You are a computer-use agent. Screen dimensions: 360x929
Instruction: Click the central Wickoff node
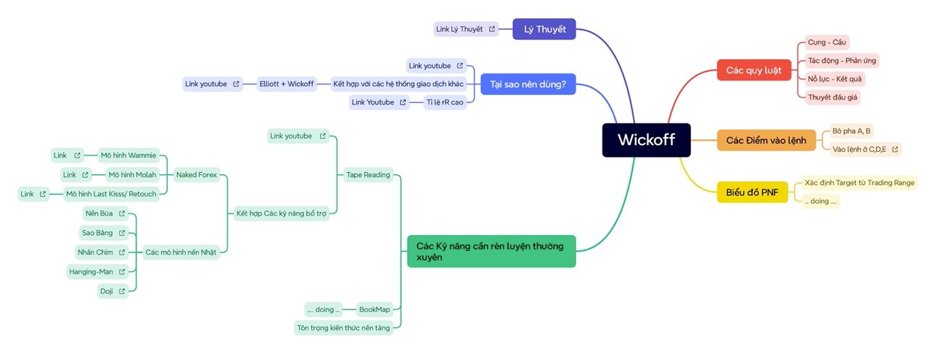[x=646, y=139]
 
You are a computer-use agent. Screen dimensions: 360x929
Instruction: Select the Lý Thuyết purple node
[x=544, y=29]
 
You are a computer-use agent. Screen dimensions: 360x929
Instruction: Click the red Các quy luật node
[x=753, y=70]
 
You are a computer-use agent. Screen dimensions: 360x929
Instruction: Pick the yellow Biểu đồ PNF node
[x=752, y=192]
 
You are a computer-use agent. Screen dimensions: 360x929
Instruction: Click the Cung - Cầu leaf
[x=827, y=42]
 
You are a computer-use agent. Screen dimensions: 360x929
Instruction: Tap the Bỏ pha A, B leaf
[x=851, y=131]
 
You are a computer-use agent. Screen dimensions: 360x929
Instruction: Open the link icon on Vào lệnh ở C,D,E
[x=895, y=150]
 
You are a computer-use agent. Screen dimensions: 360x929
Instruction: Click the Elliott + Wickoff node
[x=287, y=83]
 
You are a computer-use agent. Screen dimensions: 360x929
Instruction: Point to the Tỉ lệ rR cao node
[x=443, y=102]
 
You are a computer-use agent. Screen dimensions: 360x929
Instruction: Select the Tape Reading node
[x=368, y=174]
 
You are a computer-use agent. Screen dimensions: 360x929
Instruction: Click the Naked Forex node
[x=197, y=175]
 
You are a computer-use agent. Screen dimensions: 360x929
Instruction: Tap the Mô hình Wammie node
[x=128, y=155]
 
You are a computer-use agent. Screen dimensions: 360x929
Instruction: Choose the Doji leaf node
[x=106, y=291]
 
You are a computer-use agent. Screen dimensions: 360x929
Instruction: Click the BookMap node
[x=375, y=309]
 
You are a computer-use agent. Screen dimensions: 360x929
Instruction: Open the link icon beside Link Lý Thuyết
[x=492, y=29]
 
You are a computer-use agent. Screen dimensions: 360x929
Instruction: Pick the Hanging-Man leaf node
[x=91, y=271]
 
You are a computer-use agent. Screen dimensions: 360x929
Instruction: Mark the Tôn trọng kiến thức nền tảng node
[x=343, y=328]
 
